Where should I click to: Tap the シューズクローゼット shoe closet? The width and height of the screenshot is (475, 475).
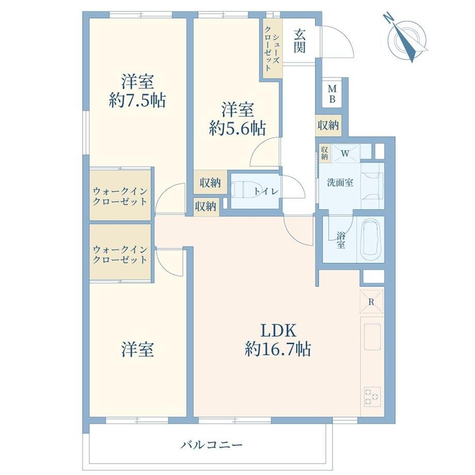[x=272, y=49]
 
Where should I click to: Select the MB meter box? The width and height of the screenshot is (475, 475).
[x=332, y=94]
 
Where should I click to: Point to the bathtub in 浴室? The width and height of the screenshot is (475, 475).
[x=371, y=239]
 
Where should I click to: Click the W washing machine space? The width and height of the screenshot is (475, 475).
[x=345, y=153]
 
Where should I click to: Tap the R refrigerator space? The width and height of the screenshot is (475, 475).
[x=371, y=302]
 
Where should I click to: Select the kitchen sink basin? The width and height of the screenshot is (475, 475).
[x=372, y=337]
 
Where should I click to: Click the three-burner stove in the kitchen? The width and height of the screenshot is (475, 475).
[x=372, y=397]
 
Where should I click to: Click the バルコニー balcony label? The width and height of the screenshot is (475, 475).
[x=212, y=445]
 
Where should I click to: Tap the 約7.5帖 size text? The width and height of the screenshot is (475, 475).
[x=137, y=100]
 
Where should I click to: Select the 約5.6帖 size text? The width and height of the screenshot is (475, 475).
[x=237, y=129]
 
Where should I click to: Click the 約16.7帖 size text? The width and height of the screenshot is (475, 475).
[x=278, y=350]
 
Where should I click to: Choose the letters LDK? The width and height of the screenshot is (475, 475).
[x=278, y=330]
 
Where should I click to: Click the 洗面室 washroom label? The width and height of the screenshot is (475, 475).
[x=340, y=182]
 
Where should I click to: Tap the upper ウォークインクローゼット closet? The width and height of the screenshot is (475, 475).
[x=120, y=195]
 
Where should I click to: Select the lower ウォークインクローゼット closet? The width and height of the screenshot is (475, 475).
[x=120, y=252]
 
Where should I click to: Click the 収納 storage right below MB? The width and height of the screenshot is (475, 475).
[x=328, y=125]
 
